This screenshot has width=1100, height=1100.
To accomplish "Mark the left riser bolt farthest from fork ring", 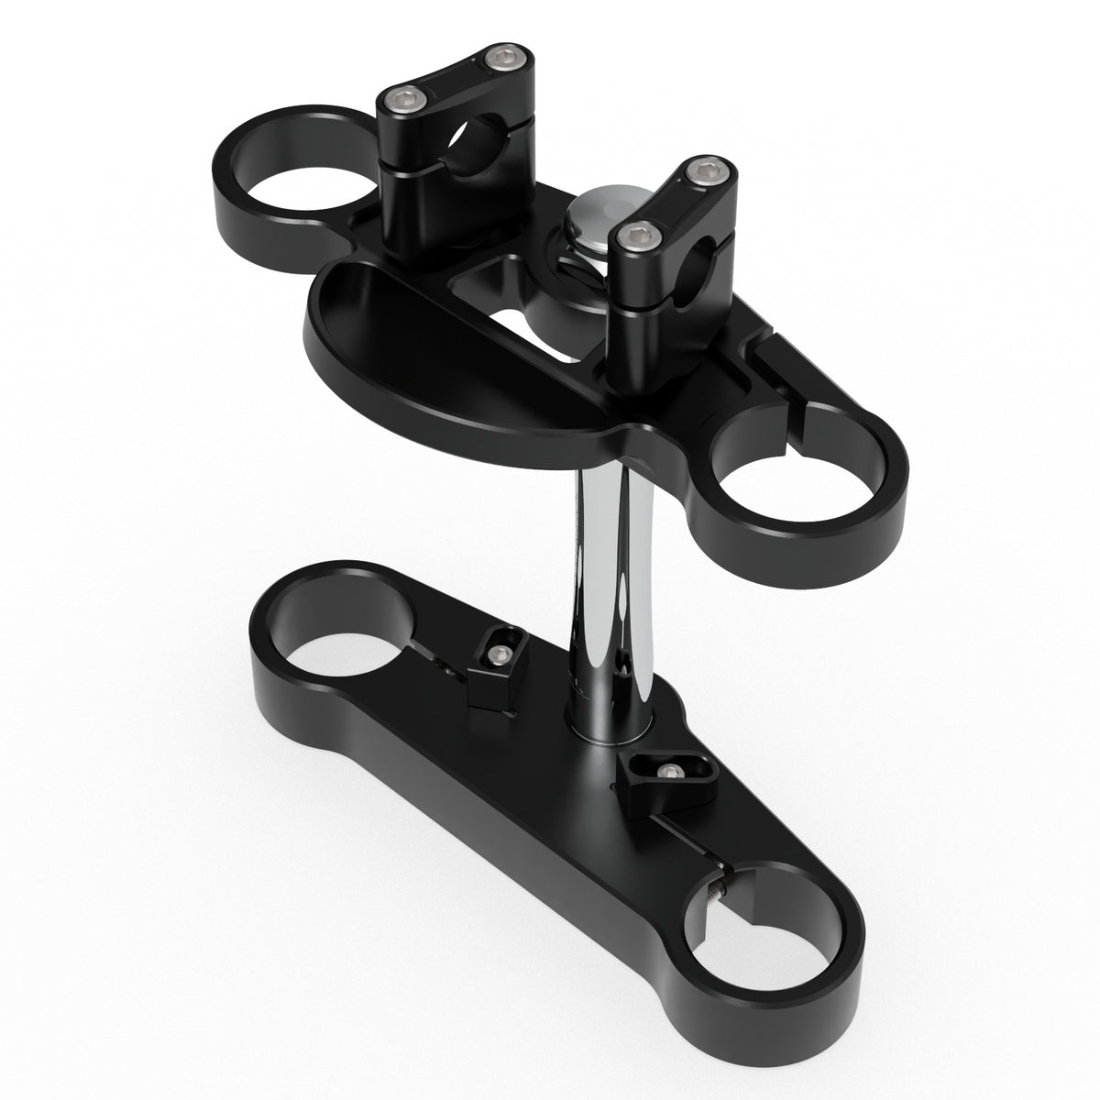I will tap(498, 61).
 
